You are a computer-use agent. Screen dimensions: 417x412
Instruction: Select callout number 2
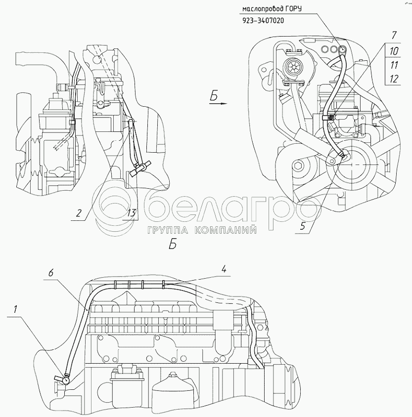pyautogui.click(x=78, y=213)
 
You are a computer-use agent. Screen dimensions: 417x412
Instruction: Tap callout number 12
pyautogui.click(x=394, y=78)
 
